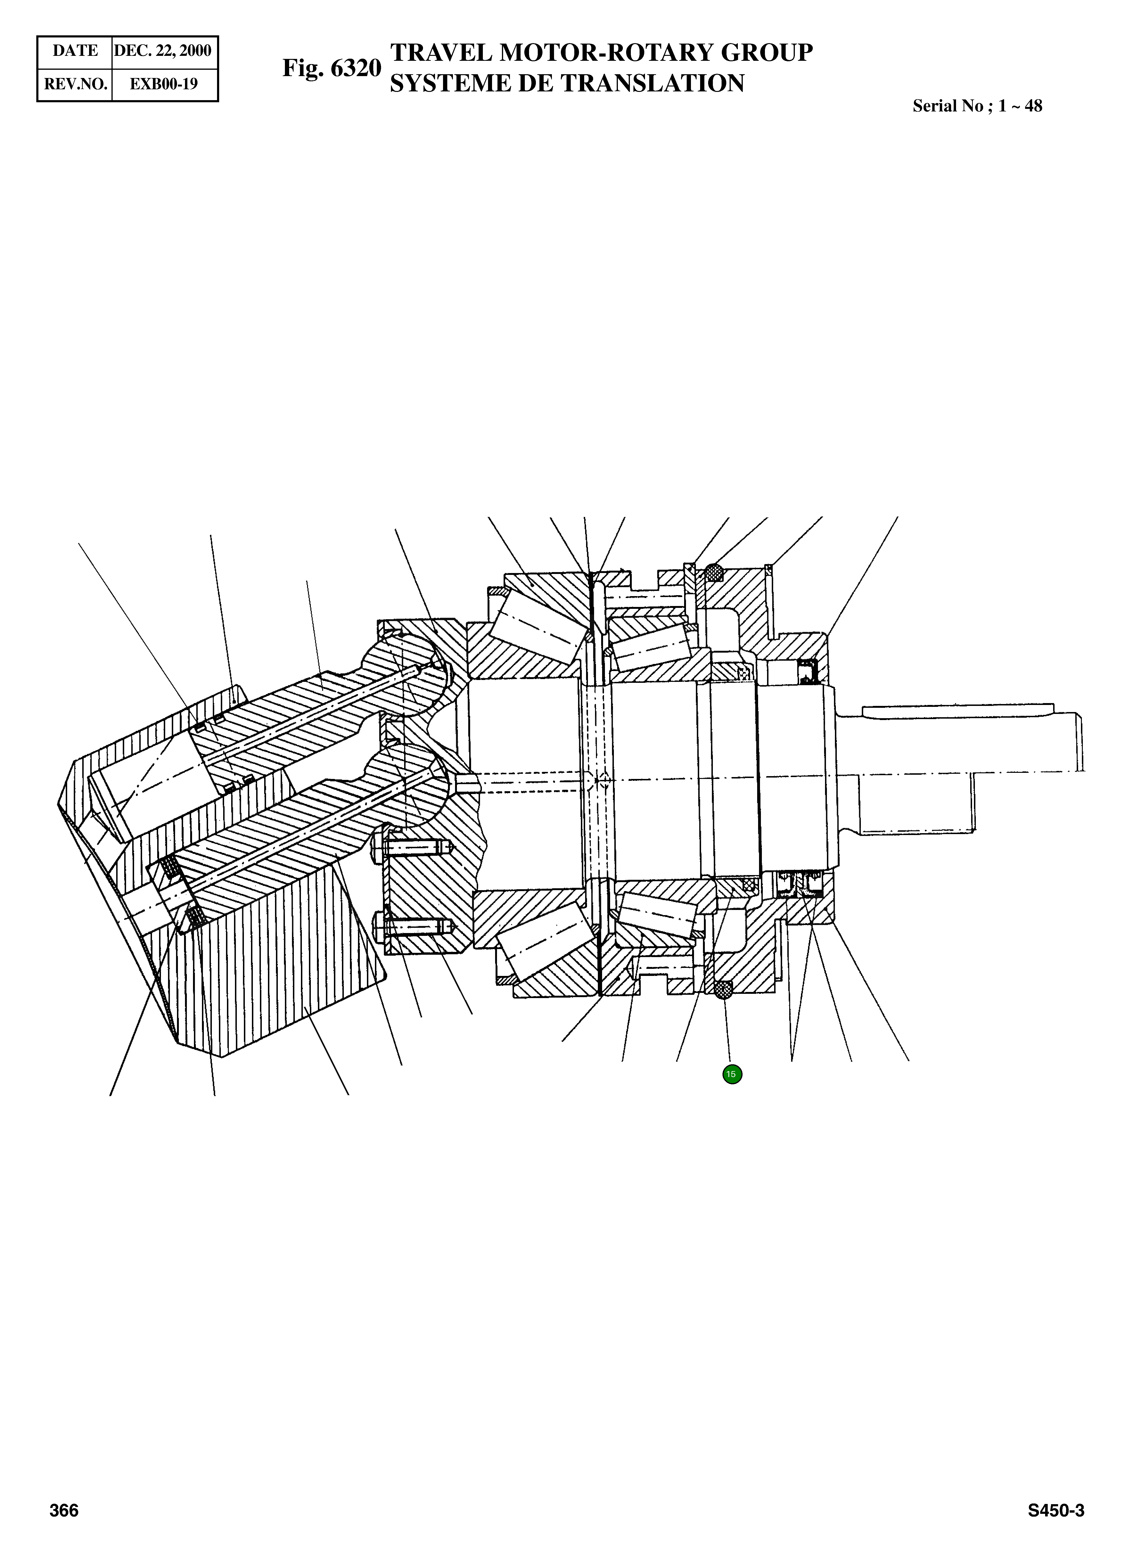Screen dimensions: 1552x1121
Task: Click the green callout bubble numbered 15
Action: click(732, 1074)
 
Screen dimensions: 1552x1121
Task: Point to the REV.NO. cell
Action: click(75, 84)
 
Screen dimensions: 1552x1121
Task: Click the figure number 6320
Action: click(355, 68)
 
